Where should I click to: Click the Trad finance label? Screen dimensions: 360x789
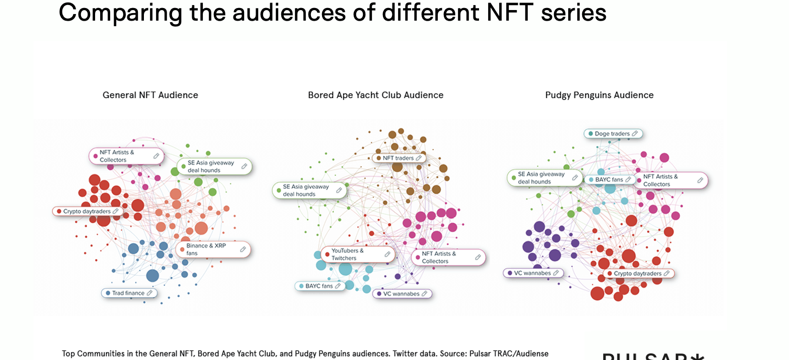point(129,293)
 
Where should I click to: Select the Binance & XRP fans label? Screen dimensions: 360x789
point(213,249)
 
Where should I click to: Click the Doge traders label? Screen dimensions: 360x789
point(613,134)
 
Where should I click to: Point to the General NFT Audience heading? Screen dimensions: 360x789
point(150,95)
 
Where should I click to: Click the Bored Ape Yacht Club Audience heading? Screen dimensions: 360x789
point(375,95)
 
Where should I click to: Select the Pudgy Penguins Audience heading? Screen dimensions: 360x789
point(599,95)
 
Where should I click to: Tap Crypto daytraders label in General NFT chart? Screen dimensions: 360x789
point(87,211)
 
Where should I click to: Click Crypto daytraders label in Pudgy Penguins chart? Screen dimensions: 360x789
point(638,274)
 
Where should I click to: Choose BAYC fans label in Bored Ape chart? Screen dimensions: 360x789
point(320,286)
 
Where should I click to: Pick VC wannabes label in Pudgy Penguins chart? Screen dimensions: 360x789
point(533,273)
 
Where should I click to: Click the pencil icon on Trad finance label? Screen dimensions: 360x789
point(149,293)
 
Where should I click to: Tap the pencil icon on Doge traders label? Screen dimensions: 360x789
point(635,134)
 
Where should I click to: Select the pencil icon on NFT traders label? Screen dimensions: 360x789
point(419,158)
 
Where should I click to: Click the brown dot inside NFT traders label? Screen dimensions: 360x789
point(379,158)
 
